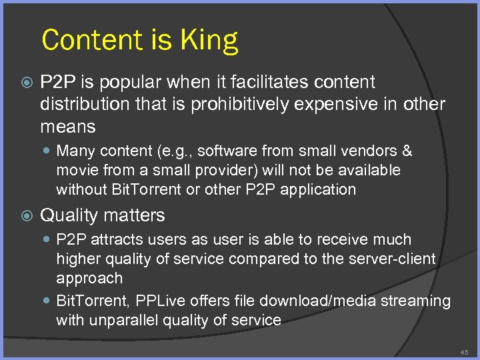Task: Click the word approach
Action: (89, 277)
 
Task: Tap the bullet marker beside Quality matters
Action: (25, 216)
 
